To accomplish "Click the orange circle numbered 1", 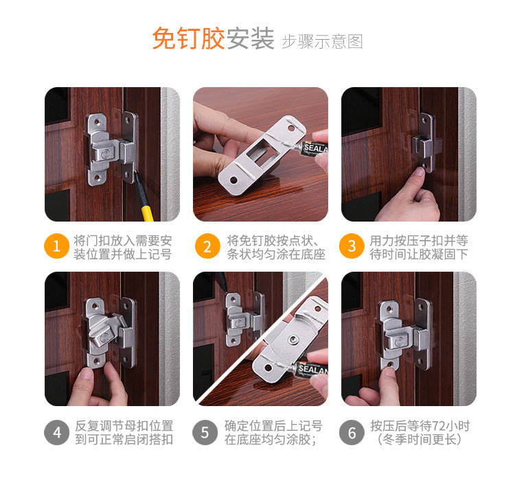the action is click(56, 246).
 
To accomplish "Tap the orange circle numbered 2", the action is click(207, 246).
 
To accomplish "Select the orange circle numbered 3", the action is click(352, 246).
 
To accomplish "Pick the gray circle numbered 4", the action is click(56, 432).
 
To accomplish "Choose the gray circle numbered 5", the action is click(205, 432).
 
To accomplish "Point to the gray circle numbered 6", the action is click(352, 432).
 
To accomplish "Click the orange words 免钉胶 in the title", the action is click(189, 38).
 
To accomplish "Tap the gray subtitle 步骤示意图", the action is click(322, 42).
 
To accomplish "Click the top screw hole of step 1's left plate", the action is click(98, 122).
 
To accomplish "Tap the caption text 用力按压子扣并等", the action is click(419, 241).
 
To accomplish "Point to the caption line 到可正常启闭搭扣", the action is click(124, 440).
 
